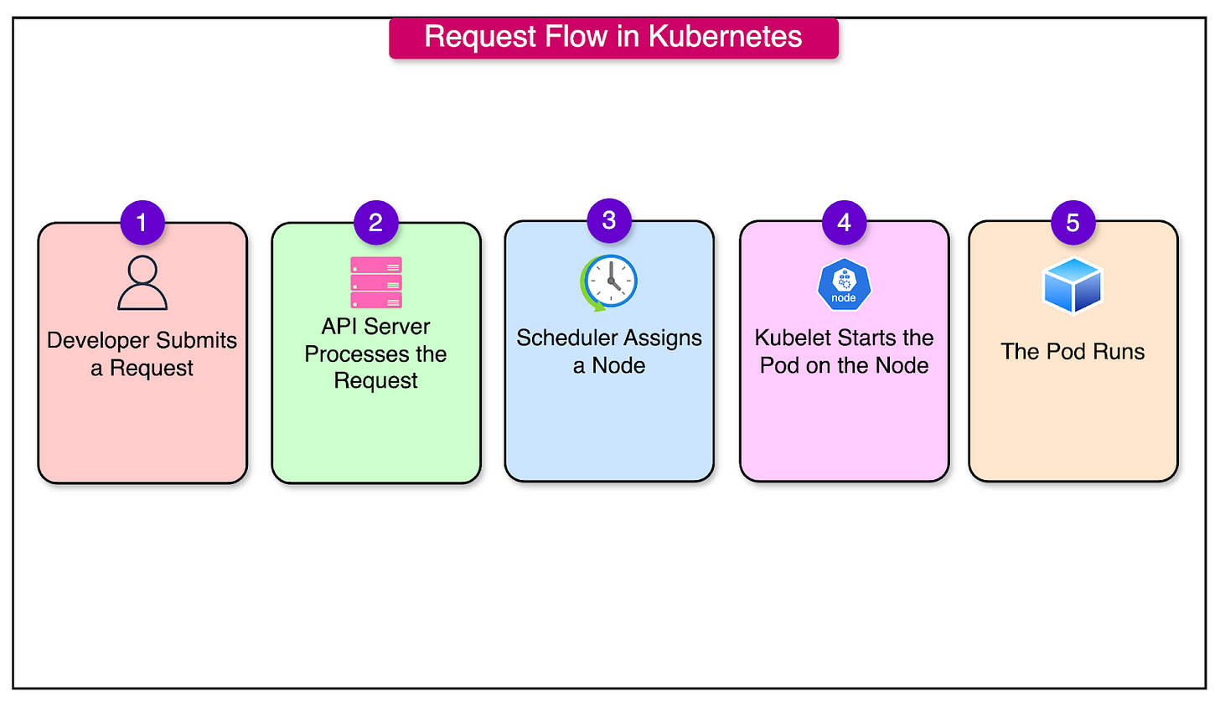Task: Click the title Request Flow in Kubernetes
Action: click(x=613, y=38)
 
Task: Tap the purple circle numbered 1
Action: click(x=142, y=223)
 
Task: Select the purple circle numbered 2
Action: click(x=375, y=223)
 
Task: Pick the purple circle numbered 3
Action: click(x=609, y=220)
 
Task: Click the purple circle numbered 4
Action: click(x=844, y=223)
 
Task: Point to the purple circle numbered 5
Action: click(x=1073, y=223)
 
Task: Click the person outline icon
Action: click(x=142, y=283)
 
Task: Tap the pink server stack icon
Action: click(x=376, y=282)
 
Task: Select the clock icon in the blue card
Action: click(x=609, y=282)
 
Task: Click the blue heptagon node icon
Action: click(x=844, y=285)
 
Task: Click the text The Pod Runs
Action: click(x=1073, y=351)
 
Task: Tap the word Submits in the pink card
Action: click(x=197, y=341)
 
